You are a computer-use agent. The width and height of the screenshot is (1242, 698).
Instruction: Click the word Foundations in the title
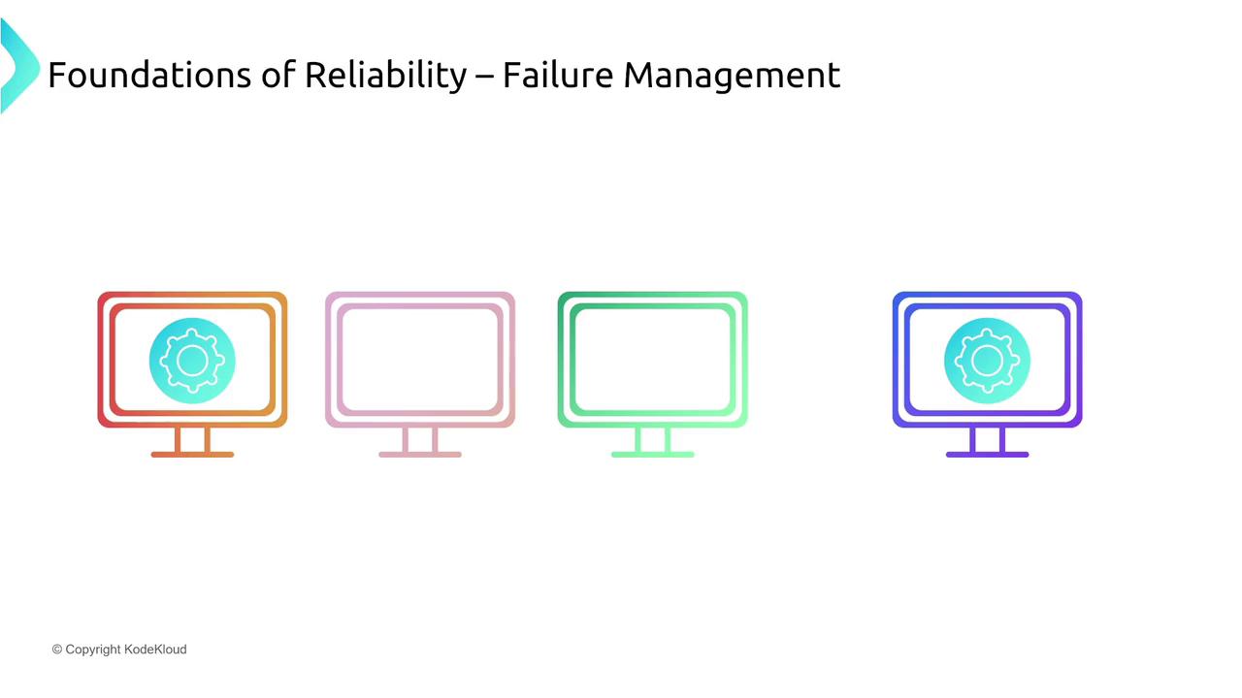pyautogui.click(x=149, y=75)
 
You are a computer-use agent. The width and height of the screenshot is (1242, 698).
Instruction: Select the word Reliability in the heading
pyautogui.click(x=386, y=76)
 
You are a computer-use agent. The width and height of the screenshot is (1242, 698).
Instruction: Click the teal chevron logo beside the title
pyautogui.click(x=18, y=65)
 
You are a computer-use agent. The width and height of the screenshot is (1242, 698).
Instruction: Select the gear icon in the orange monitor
pyautogui.click(x=192, y=361)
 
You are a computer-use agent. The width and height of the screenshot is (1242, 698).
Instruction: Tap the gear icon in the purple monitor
pyautogui.click(x=987, y=361)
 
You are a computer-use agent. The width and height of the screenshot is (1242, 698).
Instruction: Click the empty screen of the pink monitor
pyautogui.click(x=420, y=360)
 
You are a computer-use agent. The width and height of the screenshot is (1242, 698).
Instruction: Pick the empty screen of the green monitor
pyautogui.click(x=653, y=360)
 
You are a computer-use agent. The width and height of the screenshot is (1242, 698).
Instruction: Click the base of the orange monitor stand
pyautogui.click(x=192, y=455)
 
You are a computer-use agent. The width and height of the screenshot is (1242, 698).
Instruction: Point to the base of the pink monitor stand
pyautogui.click(x=420, y=455)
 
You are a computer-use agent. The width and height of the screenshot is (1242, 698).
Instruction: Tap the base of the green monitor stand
pyautogui.click(x=653, y=455)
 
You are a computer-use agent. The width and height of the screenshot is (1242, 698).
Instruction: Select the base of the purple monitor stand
pyautogui.click(x=987, y=455)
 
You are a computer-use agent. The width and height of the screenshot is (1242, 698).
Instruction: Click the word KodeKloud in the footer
pyautogui.click(x=155, y=650)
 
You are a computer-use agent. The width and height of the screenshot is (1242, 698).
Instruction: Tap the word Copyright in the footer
pyautogui.click(x=92, y=650)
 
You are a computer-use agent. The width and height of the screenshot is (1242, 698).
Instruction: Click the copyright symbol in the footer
pyautogui.click(x=56, y=650)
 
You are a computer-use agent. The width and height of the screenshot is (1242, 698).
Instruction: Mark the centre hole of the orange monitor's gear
pyautogui.click(x=192, y=361)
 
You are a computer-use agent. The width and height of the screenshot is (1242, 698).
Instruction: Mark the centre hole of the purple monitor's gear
pyautogui.click(x=987, y=361)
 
